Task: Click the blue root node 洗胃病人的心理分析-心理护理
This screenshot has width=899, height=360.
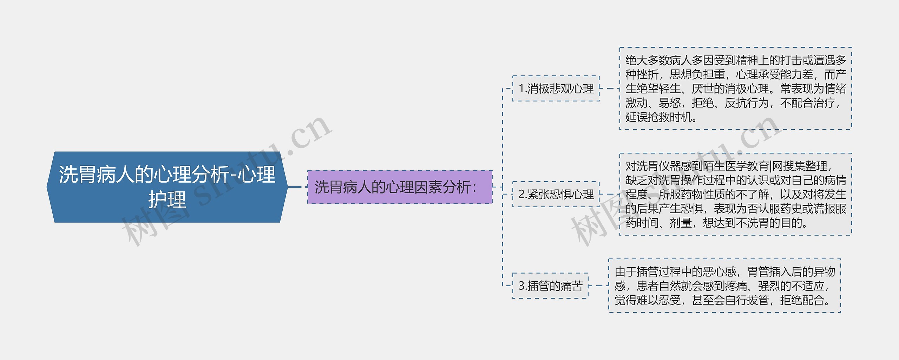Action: pyautogui.click(x=167, y=187)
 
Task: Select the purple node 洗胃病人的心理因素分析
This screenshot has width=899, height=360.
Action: pyautogui.click(x=400, y=187)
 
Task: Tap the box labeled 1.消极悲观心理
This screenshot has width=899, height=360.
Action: pyautogui.click(x=556, y=89)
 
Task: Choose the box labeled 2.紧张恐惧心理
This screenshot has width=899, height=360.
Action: pyautogui.click(x=556, y=194)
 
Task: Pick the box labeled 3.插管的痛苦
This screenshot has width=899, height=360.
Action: pyautogui.click(x=550, y=286)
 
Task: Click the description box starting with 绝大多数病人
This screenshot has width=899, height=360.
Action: pyautogui.click(x=735, y=89)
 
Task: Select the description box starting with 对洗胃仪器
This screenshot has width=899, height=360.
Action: pyautogui.click(x=735, y=194)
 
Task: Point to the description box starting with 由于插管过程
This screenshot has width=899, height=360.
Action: pyautogui.click(x=724, y=286)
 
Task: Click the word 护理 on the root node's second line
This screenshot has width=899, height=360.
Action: pyautogui.click(x=167, y=199)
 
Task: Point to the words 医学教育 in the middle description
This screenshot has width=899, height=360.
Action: pyautogui.click(x=747, y=166)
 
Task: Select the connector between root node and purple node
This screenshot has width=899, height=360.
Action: pyautogui.click(x=297, y=187)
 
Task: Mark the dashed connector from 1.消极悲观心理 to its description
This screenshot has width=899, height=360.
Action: pyautogui.click(x=609, y=89)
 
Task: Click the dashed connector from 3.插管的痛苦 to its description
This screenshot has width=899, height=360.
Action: pyautogui.click(x=598, y=286)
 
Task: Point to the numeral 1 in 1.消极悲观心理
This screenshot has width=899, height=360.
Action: pyautogui.click(x=521, y=89)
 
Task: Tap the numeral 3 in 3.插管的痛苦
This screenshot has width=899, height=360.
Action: pyautogui.click(x=521, y=286)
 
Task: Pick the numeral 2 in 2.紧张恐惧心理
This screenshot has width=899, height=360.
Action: pyautogui.click(x=521, y=194)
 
